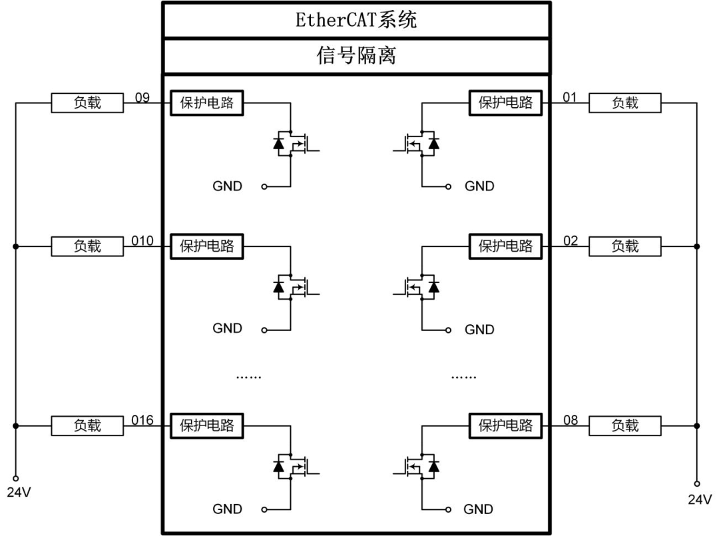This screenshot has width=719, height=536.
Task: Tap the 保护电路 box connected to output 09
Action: [207, 103]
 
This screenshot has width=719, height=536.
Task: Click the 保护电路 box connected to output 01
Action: [505, 103]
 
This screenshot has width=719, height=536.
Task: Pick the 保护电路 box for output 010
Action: [207, 246]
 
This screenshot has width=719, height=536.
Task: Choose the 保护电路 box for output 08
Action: [505, 425]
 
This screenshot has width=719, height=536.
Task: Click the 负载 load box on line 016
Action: [87, 425]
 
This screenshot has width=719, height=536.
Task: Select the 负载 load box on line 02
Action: [625, 246]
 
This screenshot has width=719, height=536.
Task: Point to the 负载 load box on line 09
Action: [87, 103]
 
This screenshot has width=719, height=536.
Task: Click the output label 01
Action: [569, 97]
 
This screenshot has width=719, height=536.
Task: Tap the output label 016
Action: [142, 420]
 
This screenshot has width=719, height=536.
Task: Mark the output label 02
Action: [571, 241]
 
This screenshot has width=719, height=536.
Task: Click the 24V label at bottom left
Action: [19, 493]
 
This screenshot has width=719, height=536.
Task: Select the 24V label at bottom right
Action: [700, 499]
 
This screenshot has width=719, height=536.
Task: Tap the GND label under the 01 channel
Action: [479, 186]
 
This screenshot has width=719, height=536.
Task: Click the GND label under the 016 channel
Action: [227, 509]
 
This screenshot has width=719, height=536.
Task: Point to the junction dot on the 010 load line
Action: [15, 246]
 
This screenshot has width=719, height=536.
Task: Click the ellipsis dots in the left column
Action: [248, 377]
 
